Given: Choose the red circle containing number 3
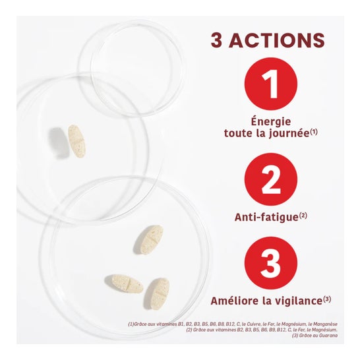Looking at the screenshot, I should point(270,263).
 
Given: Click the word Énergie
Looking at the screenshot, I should point(270,121).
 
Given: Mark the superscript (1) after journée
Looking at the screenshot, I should point(315,131).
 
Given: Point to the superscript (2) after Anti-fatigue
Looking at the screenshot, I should point(303,214).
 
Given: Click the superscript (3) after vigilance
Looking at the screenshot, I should point(326,299).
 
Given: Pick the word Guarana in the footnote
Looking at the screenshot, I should point(330,336).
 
